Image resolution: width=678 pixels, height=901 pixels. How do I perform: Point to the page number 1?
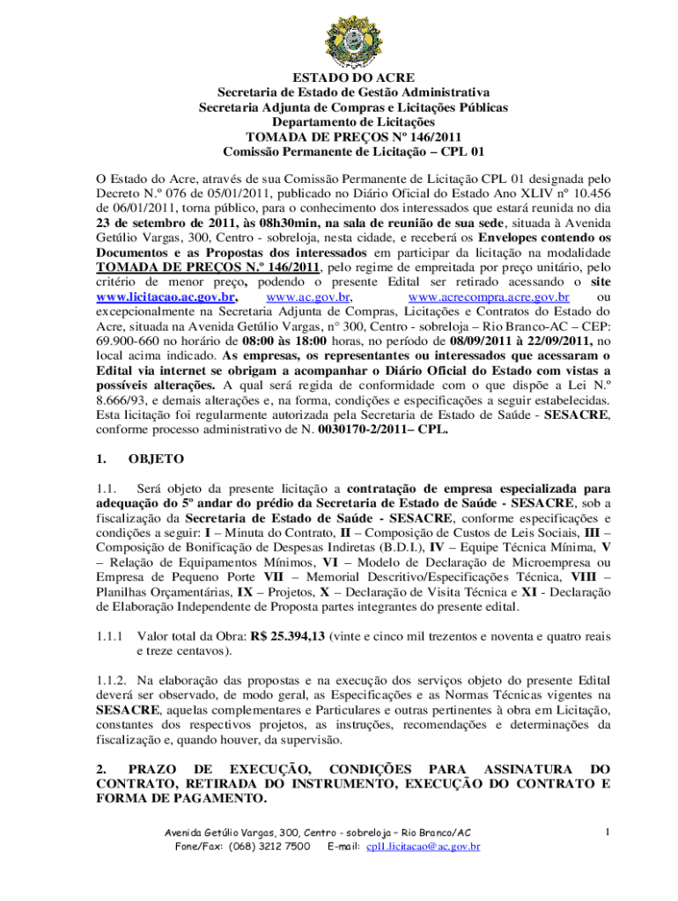(x=607, y=831)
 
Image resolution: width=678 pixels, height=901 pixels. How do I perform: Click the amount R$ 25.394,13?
(x=275, y=634)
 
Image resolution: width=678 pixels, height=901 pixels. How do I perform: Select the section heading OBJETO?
(x=156, y=458)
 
